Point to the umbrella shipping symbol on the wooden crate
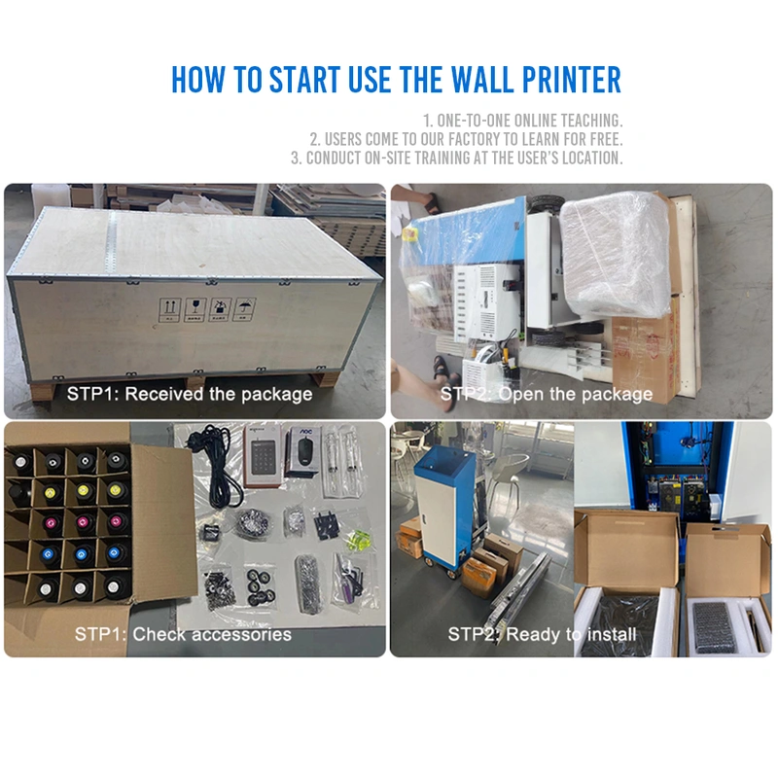pyautogui.click(x=247, y=308)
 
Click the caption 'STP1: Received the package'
pyautogui.click(x=190, y=394)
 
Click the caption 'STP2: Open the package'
pyautogui.click(x=547, y=394)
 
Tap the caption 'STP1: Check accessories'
pyautogui.click(x=183, y=634)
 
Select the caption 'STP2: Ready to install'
pyautogui.click(x=542, y=634)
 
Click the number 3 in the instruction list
pyautogui.click(x=295, y=158)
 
